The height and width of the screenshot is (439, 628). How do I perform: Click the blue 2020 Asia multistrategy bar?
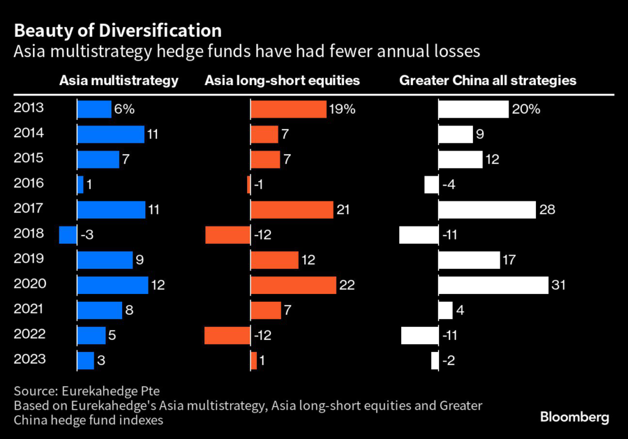(112, 285)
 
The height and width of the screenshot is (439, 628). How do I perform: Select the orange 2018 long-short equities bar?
(228, 235)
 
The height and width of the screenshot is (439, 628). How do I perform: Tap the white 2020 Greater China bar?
(493, 285)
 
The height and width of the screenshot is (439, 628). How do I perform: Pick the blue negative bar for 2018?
(67, 235)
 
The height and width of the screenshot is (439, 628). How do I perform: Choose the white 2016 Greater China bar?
(431, 184)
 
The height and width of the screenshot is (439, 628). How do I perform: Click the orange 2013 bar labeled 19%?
(288, 110)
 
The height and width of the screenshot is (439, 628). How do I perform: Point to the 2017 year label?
(28, 209)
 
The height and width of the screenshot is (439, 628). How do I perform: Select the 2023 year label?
(28, 360)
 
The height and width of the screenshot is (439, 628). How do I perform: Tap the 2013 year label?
(28, 108)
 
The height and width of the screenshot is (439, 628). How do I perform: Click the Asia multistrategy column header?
(119, 80)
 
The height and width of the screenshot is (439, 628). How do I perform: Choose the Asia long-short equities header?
(282, 80)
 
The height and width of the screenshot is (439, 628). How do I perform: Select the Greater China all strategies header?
(488, 80)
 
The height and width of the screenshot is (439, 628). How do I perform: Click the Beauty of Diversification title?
(118, 31)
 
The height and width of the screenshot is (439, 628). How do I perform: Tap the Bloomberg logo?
(575, 418)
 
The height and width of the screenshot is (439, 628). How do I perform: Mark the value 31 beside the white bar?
(558, 285)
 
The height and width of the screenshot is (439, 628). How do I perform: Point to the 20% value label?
(526, 110)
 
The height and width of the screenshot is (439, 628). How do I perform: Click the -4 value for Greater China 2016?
(449, 184)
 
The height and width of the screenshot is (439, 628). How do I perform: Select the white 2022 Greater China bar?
(419, 336)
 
